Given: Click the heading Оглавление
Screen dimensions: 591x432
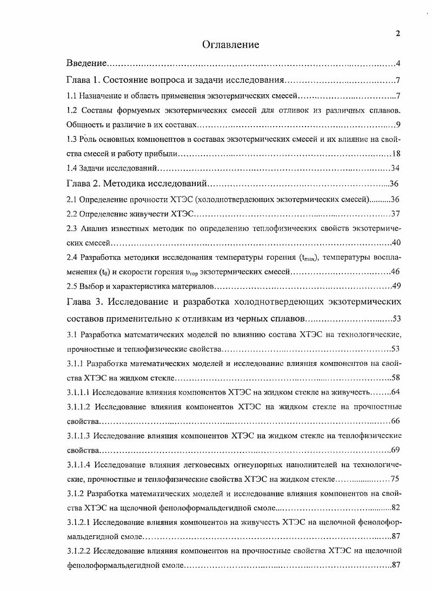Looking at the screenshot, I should coord(231,45).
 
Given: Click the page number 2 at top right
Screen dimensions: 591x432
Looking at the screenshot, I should coord(398,34).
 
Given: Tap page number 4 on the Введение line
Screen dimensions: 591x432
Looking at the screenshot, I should coord(398,64).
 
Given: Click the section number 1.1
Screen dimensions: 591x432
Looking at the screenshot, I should coord(71,96).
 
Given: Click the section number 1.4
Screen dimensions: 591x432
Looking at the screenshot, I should coord(71,168).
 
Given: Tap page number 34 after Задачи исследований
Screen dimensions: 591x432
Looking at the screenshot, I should coord(395,168).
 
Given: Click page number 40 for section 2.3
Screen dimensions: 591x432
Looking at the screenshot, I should coord(395,242).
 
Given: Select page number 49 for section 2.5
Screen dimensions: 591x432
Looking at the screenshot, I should coord(395,285).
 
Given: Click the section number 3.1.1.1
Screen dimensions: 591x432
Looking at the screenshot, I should coord(78,392).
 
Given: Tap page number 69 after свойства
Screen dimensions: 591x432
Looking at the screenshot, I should coord(395,450).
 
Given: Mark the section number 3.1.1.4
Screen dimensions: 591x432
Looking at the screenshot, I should coord(79,465).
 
